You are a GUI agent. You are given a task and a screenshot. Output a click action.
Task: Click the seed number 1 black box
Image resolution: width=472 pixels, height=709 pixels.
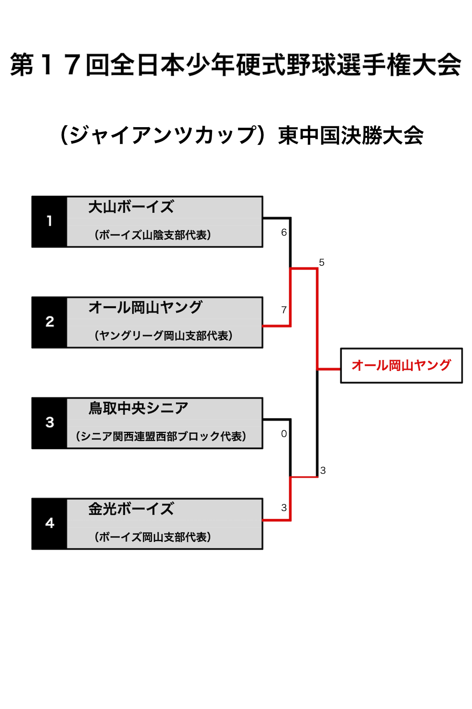[49, 221]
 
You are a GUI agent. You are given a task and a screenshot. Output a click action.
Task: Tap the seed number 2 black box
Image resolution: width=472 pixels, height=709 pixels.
[49, 322]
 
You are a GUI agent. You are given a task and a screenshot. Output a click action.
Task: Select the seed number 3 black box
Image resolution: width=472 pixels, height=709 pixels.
[49, 423]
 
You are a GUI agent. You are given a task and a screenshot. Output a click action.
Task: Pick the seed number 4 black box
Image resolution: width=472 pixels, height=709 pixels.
[49, 523]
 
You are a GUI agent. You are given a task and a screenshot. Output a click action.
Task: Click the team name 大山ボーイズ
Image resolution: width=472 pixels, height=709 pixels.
[131, 207]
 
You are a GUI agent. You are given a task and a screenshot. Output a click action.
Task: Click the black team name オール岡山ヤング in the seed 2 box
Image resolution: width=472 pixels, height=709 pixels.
[145, 307]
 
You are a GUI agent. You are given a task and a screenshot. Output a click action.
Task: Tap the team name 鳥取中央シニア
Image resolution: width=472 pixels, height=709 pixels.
[138, 408]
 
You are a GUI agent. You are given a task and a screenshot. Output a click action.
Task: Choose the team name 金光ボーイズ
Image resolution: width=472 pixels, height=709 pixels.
[131, 509]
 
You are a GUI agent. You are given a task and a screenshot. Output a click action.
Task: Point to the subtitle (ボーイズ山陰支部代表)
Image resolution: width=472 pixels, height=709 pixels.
[153, 235]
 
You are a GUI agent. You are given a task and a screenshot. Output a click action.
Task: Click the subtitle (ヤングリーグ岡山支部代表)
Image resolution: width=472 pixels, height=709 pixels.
[163, 335]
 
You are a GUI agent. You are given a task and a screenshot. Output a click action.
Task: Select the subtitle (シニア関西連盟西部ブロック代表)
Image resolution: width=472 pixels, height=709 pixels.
[161, 436]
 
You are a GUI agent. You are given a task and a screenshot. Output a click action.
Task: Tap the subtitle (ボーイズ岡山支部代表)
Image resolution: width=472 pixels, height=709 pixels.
[153, 537]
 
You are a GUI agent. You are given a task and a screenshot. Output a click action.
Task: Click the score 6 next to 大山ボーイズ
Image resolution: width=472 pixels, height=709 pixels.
[284, 233]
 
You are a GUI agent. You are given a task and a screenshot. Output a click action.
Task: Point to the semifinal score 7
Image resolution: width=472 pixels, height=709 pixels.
[284, 310]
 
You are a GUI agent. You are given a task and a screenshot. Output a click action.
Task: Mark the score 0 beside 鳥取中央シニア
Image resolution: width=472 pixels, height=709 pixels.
[284, 434]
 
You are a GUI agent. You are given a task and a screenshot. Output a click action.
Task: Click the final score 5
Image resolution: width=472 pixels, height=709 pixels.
[322, 262]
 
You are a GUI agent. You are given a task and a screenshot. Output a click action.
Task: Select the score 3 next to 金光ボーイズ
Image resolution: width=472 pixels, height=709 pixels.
[284, 507]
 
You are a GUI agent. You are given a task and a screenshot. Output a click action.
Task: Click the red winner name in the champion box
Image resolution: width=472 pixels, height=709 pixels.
[401, 365]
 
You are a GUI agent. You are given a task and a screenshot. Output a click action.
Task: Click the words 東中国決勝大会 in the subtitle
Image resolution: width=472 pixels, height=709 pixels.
[351, 135]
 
